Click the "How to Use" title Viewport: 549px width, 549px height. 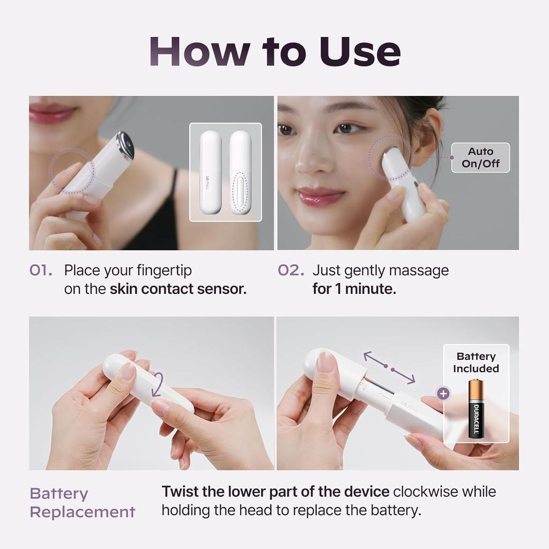point(274,51)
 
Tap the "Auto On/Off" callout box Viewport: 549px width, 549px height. point(480,158)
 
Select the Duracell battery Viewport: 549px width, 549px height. point(476,409)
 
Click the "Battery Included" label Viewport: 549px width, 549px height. point(476,362)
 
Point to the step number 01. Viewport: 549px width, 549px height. point(41,270)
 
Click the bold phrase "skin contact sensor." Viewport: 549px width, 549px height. point(178,289)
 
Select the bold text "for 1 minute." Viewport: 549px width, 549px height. point(354,289)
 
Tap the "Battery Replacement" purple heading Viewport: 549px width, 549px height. point(82,503)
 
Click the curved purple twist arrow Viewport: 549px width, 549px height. point(160,386)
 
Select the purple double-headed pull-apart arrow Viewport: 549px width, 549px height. point(389,367)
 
